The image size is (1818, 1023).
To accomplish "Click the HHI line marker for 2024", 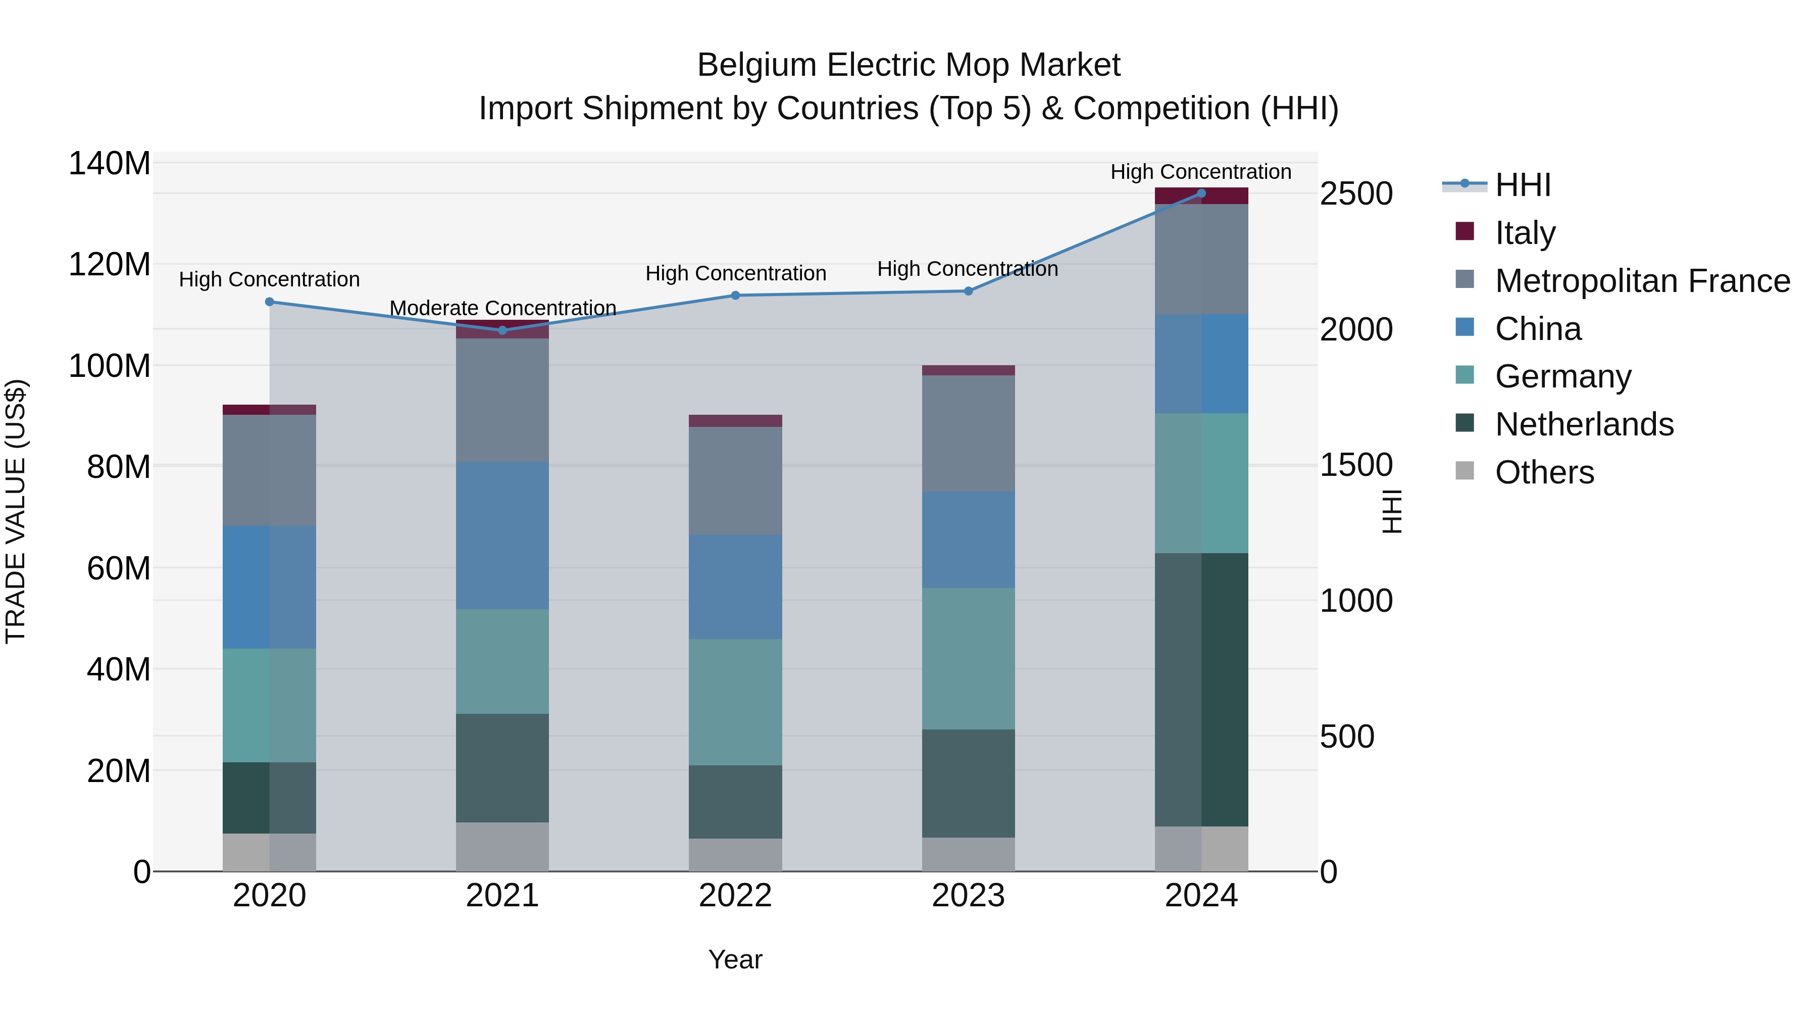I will click(x=1201, y=193).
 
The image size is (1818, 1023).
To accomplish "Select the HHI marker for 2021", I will click(x=502, y=330).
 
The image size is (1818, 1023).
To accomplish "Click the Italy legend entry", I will click(x=1525, y=233).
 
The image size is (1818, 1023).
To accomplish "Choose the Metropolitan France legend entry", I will click(x=1642, y=281).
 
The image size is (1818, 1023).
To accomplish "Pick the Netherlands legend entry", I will click(x=1584, y=424).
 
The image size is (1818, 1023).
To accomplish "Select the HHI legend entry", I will click(x=1522, y=185).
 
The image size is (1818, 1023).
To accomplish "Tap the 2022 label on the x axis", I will click(x=735, y=896).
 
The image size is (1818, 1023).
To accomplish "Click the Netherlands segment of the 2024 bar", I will click(x=1201, y=689).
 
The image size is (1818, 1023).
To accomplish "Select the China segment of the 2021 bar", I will click(x=502, y=535).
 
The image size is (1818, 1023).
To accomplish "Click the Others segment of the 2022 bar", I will click(x=735, y=854).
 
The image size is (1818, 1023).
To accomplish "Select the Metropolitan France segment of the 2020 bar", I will click(x=269, y=470).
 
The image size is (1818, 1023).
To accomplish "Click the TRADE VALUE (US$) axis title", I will click(x=16, y=511).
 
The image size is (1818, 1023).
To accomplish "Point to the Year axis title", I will click(x=735, y=959).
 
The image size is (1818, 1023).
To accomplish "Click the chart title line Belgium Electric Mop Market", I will click(x=908, y=65).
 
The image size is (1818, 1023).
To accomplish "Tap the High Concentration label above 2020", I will click(x=269, y=279).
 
